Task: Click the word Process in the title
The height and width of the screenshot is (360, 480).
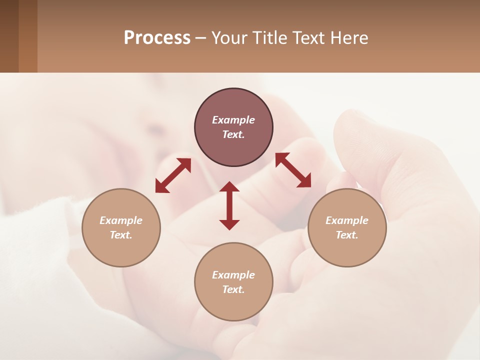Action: (x=157, y=38)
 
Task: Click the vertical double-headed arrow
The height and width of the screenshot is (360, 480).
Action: (x=229, y=206)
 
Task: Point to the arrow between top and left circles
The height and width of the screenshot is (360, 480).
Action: (x=173, y=175)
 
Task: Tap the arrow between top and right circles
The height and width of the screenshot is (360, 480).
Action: (x=293, y=170)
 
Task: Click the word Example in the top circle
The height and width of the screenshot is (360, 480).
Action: (x=233, y=120)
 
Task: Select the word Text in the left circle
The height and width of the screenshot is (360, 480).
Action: (x=121, y=235)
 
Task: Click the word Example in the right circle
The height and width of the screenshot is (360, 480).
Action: (x=347, y=220)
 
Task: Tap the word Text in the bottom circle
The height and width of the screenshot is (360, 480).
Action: (x=233, y=289)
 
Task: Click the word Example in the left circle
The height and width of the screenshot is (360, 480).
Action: (x=121, y=220)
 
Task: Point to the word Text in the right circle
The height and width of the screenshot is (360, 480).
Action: (x=347, y=235)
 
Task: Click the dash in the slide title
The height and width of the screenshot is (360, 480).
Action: (x=201, y=38)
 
